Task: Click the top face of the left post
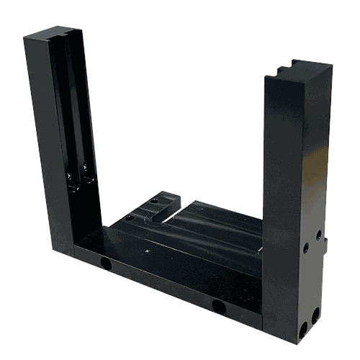point(54,33)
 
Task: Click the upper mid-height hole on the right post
point(318,234)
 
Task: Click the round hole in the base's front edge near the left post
point(107,264)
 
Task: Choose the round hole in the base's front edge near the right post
point(219,307)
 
